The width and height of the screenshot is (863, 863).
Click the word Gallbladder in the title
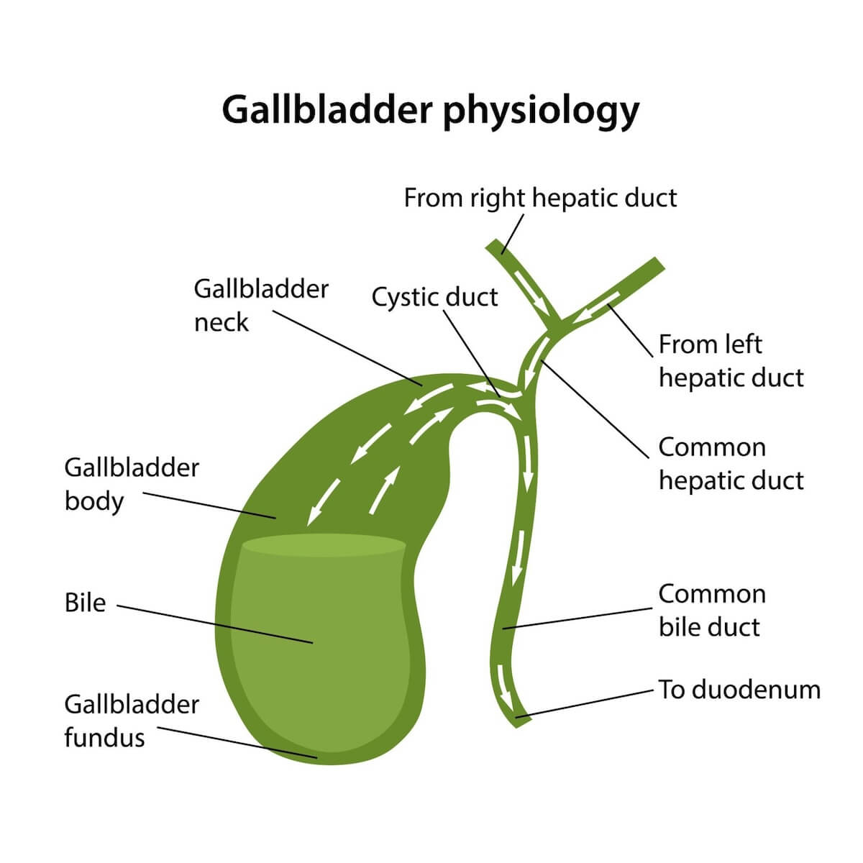[x=325, y=110]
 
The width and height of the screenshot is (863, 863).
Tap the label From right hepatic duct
[x=540, y=198]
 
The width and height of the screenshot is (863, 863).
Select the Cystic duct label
[x=434, y=296]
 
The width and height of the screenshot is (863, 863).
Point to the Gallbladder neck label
[x=260, y=306]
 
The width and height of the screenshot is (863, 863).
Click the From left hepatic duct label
[x=731, y=361]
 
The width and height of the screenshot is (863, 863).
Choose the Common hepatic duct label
[x=731, y=464]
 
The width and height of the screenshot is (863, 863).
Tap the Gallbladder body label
[x=132, y=484]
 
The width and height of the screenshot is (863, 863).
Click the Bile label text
[x=85, y=603]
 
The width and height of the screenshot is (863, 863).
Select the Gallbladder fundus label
[x=132, y=721]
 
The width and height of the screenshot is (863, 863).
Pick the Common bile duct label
[x=712, y=611]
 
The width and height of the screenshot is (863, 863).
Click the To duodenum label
[x=739, y=690]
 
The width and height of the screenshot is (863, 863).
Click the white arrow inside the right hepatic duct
[x=534, y=295]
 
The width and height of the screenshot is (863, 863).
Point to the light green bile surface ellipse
[x=324, y=544]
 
